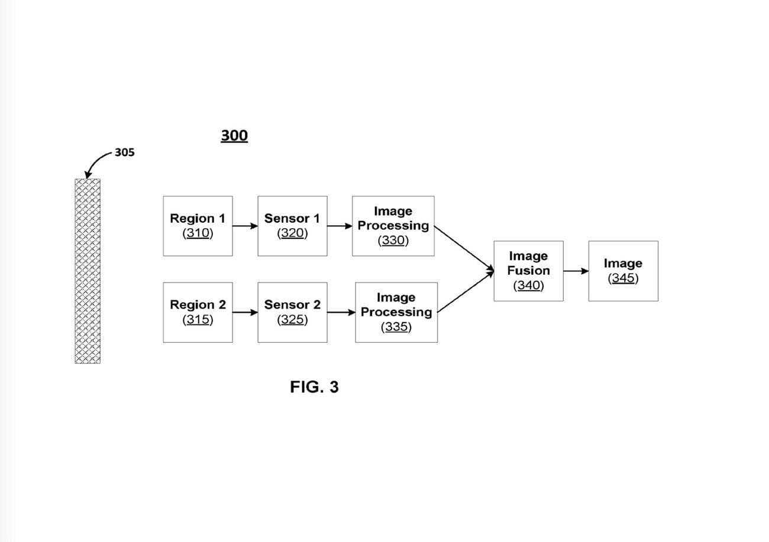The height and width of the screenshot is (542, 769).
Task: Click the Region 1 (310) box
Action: (x=198, y=226)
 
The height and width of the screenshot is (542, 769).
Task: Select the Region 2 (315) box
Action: (x=198, y=312)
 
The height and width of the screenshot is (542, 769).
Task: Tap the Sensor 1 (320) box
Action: (x=292, y=226)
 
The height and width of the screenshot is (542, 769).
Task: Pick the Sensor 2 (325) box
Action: (x=292, y=312)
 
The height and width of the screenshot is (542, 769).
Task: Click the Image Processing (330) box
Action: (x=393, y=226)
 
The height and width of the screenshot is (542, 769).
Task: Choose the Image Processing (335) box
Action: (x=396, y=312)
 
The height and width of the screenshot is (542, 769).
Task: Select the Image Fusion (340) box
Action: (x=528, y=271)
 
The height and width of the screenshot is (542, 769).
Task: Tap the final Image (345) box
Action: (x=623, y=271)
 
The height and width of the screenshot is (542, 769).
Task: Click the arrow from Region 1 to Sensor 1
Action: (x=245, y=226)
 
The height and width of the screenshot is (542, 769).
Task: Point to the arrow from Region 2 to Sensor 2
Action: (x=245, y=312)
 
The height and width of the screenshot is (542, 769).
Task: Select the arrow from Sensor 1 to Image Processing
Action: (x=340, y=226)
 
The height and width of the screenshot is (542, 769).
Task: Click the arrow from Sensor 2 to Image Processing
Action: (x=341, y=312)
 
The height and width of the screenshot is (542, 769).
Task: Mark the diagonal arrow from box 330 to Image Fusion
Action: (x=464, y=248)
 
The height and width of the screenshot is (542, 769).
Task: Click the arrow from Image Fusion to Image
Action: (x=576, y=271)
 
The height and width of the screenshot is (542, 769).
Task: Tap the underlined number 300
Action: (x=234, y=136)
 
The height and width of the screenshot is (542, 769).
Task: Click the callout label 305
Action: (x=124, y=152)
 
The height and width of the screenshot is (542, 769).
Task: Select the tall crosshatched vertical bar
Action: (x=88, y=271)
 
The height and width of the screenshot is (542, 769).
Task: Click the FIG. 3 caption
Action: (x=314, y=387)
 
